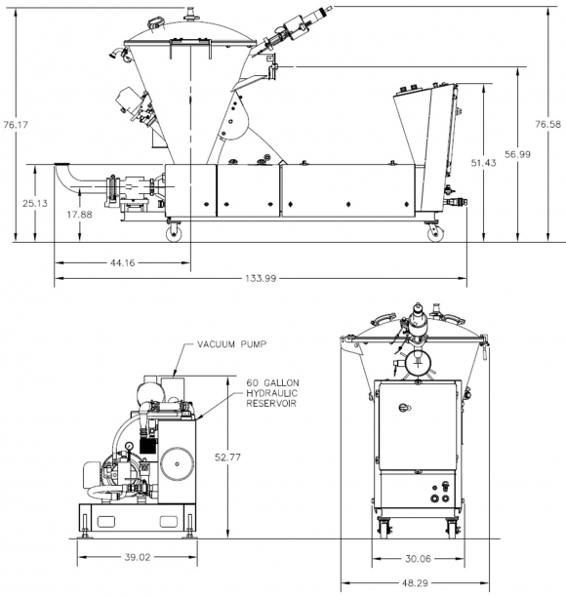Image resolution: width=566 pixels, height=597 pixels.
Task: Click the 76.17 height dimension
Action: (16, 125)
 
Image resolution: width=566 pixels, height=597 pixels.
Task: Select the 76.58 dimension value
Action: (547, 124)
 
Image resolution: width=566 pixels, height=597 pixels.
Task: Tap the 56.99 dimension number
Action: (517, 154)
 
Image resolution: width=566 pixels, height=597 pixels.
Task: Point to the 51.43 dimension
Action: (483, 163)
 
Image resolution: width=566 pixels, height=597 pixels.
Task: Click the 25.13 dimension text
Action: (35, 203)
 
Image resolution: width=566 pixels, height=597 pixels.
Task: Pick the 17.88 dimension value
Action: (80, 215)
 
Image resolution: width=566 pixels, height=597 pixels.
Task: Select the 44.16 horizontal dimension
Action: (123, 262)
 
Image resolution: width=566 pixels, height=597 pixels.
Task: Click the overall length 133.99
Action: (261, 278)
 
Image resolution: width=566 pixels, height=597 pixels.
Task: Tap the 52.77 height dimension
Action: (227, 457)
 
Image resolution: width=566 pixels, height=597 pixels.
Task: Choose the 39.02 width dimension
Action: (138, 557)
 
